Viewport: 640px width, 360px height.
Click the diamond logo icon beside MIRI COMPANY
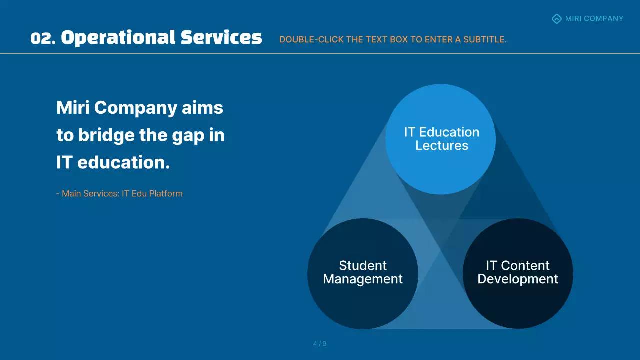pyautogui.click(x=556, y=19)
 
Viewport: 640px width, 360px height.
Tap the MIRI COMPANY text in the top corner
pyautogui.click(x=594, y=19)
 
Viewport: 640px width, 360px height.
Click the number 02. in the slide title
pyautogui.click(x=43, y=38)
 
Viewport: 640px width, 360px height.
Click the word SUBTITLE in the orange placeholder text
pyautogui.click(x=484, y=40)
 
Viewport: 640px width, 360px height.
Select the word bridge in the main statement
pyautogui.click(x=106, y=135)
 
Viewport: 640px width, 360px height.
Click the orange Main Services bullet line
pyautogui.click(x=119, y=193)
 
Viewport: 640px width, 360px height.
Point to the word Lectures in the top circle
pyautogui.click(x=442, y=146)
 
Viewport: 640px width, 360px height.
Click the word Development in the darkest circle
pyautogui.click(x=518, y=279)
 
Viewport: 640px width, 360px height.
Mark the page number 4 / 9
pyautogui.click(x=320, y=344)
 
